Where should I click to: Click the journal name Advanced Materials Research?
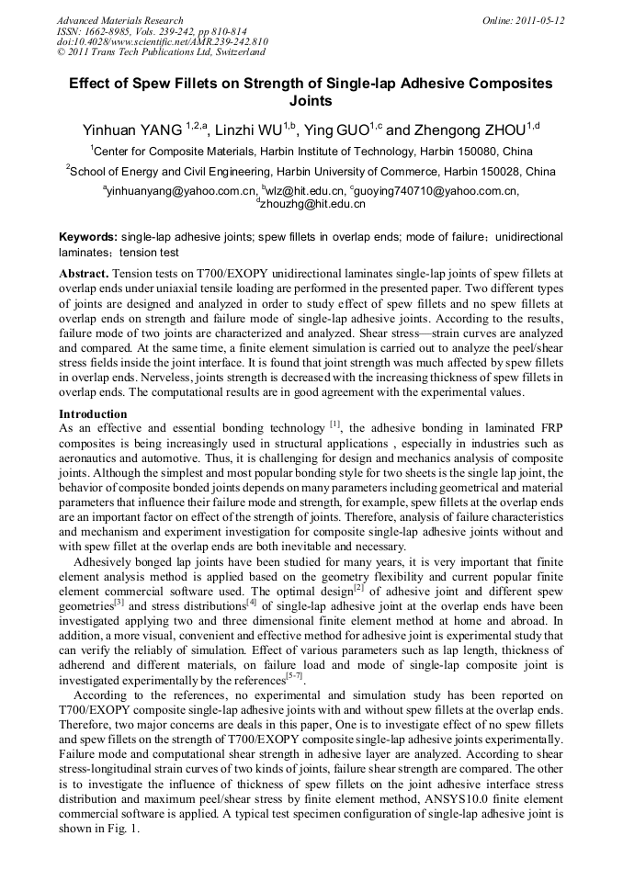coord(119,19)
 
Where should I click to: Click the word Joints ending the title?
coord(311,101)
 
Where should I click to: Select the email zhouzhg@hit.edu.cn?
coord(313,204)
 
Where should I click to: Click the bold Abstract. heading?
coord(85,274)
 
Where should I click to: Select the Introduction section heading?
coord(93,413)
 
